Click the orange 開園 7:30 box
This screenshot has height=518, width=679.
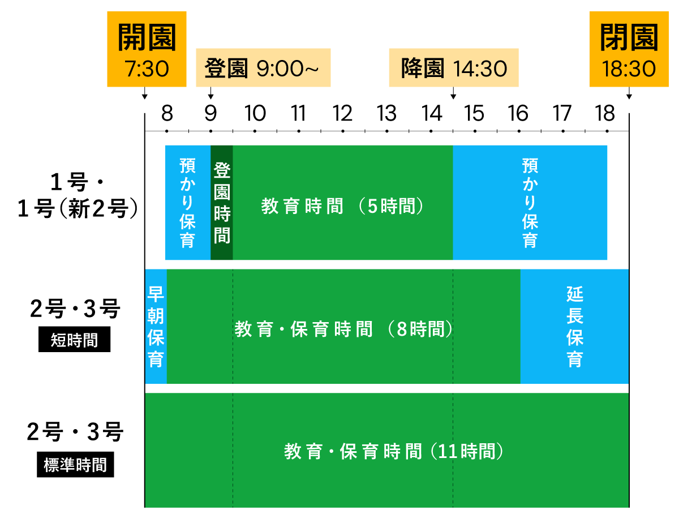click(147, 49)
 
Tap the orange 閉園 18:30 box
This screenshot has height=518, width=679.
click(629, 49)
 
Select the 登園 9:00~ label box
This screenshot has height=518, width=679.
click(263, 68)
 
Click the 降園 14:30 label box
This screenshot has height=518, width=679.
click(453, 68)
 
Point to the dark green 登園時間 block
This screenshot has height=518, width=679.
click(222, 203)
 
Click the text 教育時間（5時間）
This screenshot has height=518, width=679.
click(343, 206)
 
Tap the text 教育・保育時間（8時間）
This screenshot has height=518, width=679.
click(344, 329)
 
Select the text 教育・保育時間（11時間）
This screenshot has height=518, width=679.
click(394, 451)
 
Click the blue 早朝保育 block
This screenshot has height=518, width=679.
click(156, 327)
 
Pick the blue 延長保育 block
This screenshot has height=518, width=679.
click(574, 327)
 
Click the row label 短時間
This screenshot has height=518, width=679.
click(75, 340)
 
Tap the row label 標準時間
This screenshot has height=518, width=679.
click(75, 465)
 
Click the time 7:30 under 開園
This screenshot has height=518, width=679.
click(147, 69)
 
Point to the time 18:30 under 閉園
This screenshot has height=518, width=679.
click(629, 69)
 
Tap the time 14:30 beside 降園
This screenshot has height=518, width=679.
click(480, 69)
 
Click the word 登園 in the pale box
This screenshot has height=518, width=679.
click(226, 69)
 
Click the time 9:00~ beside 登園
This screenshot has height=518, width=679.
click(287, 69)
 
